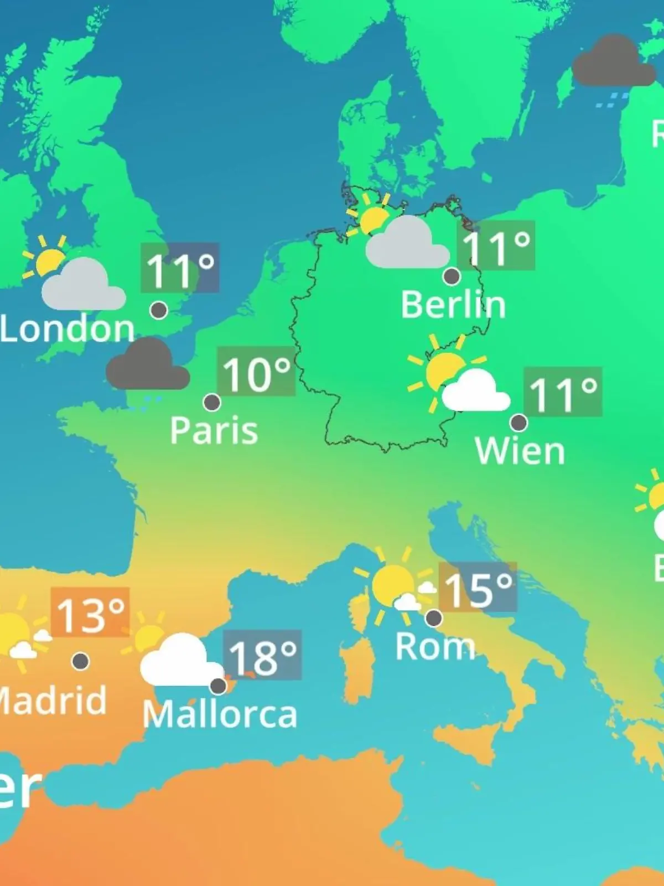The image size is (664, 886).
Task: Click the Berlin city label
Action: pyautogui.click(x=453, y=305)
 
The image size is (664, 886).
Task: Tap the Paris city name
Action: pyautogui.click(x=214, y=430)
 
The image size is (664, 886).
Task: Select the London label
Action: pyautogui.click(x=68, y=329)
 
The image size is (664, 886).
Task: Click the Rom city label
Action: pyautogui.click(x=435, y=646)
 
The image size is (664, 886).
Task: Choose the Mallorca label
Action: pyautogui.click(x=220, y=714)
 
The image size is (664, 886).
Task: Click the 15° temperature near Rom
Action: pyautogui.click(x=478, y=588)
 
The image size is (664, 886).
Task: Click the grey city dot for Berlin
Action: pyautogui.click(x=452, y=276)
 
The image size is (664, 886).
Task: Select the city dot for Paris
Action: pyautogui.click(x=212, y=402)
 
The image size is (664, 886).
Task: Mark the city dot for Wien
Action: pyautogui.click(x=518, y=423)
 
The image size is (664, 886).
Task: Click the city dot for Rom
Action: pyautogui.click(x=434, y=617)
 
